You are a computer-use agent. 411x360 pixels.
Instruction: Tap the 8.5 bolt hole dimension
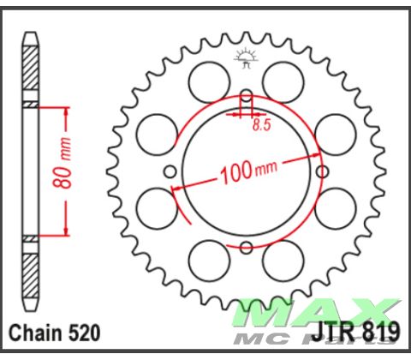pyautogui.click(x=261, y=125)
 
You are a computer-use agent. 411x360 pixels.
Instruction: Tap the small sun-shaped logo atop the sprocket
pyautogui.click(x=246, y=59)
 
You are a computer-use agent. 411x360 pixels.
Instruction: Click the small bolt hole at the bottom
pyautogui.click(x=246, y=248)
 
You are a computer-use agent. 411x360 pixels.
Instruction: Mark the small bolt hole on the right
pyautogui.click(x=324, y=170)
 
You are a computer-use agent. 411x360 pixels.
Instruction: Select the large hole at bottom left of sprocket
pyautogui.click(x=208, y=256)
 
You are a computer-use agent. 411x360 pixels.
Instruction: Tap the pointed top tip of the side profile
pyautogui.click(x=31, y=34)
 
